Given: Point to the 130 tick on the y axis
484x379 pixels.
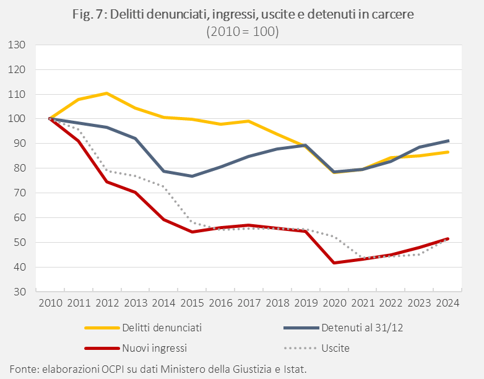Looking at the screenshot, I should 17,45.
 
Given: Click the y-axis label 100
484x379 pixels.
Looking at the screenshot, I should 17,119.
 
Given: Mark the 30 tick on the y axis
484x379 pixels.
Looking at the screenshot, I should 19,292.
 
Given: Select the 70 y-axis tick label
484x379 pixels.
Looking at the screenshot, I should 19,193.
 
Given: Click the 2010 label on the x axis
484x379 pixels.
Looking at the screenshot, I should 50,303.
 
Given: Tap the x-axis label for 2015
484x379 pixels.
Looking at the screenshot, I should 192,303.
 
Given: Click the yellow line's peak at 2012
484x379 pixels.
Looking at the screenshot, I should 107,93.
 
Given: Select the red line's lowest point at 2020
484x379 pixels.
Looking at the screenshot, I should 335,263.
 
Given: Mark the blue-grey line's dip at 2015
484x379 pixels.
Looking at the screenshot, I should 192,176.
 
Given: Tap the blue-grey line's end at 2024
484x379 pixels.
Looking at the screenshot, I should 448,141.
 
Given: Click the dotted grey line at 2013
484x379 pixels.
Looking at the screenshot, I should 136,176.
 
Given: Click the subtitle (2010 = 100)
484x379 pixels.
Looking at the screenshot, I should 242,32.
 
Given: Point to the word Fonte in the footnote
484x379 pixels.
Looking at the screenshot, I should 23,368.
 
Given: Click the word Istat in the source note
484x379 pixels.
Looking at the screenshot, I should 293,368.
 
